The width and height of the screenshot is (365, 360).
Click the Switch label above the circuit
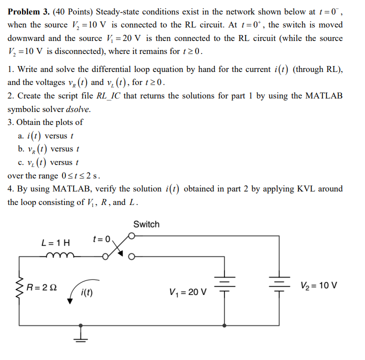coord(146,224)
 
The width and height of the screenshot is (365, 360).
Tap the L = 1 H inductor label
coord(56,243)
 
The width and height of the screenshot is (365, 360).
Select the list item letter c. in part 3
coord(20,162)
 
